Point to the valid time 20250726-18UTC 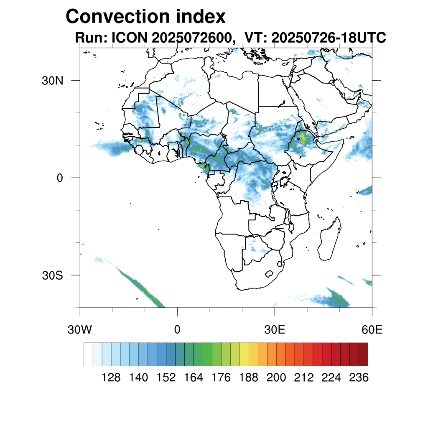tap(329, 38)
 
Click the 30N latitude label tap(52, 80)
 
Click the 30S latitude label tap(52, 275)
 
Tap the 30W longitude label tap(79, 329)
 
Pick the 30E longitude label tap(275, 329)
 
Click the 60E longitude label tap(372, 329)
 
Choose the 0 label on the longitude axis tap(177, 329)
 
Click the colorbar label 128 tap(111, 378)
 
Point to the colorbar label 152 tap(166, 378)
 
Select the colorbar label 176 tap(221, 378)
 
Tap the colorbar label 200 tap(276, 378)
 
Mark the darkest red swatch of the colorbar tap(363, 354)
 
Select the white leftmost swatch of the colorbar tap(88, 354)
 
